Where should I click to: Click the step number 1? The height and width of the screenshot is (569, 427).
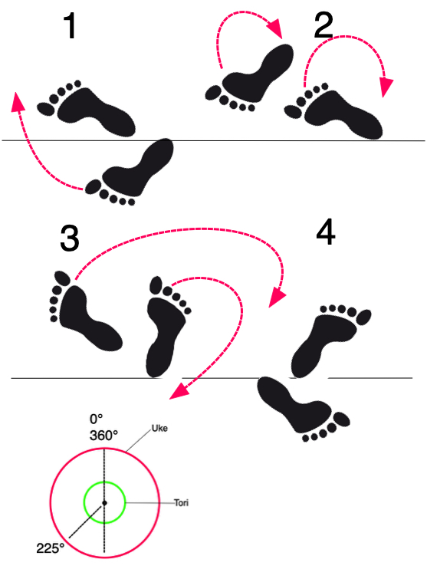[x=70, y=25]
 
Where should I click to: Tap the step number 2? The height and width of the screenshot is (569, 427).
[x=324, y=25]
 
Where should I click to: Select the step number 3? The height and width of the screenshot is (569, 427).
[x=69, y=238]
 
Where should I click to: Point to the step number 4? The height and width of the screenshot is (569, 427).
[x=325, y=232]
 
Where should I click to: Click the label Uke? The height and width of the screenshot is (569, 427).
[x=159, y=429]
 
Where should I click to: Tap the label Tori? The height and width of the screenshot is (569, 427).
[x=181, y=503]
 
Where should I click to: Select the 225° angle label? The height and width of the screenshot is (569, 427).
[x=50, y=548]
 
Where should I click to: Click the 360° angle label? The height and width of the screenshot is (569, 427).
[x=103, y=435]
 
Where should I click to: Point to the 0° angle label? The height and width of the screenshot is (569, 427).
[x=96, y=419]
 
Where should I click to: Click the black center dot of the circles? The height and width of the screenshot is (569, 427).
[x=104, y=503]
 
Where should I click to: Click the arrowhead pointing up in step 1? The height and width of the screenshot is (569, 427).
[x=18, y=101]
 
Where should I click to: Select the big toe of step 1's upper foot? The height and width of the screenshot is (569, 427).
[x=46, y=109]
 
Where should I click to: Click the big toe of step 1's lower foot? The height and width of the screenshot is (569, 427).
[x=94, y=186]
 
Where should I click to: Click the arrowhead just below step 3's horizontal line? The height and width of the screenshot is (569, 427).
[x=179, y=392]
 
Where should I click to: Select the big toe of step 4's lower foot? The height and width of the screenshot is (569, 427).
[x=341, y=419]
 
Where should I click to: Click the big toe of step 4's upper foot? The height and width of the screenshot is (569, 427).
[x=363, y=317]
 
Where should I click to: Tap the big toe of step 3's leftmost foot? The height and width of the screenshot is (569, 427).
[x=62, y=278]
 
